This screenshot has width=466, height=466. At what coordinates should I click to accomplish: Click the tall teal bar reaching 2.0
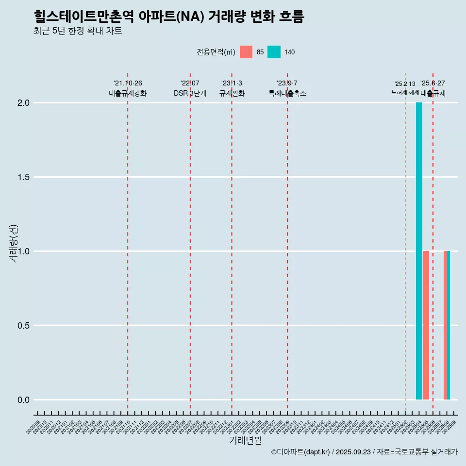coord(419,251)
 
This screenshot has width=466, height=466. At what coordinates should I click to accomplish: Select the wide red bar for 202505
coord(426,325)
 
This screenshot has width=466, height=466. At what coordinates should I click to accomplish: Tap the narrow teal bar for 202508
coord(449,325)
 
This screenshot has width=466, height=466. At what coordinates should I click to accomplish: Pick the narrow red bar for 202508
coord(445,325)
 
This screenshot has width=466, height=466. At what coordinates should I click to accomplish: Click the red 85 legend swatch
coord(246,52)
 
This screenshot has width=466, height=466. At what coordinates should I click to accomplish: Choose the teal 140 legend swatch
coord(274,52)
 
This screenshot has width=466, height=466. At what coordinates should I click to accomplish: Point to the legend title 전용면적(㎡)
coord(216,52)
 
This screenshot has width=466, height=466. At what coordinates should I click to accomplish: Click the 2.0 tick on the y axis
coord(24,103)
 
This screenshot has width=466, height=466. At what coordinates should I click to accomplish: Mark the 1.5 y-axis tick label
coord(24,177)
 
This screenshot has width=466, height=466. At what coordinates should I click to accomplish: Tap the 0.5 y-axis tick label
coord(24,326)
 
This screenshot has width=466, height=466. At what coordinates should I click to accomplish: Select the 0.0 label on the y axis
coord(24,400)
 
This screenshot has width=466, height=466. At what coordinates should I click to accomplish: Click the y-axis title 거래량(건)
coord(13,243)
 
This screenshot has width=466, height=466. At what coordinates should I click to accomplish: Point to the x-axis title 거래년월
coord(245,441)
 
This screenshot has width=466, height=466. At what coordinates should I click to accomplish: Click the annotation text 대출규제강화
coord(128,93)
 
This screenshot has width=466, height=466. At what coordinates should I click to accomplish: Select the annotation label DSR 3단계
coord(190,93)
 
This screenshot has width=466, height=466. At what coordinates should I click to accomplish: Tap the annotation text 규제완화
coord(232,93)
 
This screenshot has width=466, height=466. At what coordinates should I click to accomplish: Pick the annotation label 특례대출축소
coord(287,93)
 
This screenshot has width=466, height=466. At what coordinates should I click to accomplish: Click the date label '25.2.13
coord(405,84)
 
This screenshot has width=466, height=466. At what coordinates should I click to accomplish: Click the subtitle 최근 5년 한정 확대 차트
coord(78,31)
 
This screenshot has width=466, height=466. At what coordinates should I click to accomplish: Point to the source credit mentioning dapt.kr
coord(364,452)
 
